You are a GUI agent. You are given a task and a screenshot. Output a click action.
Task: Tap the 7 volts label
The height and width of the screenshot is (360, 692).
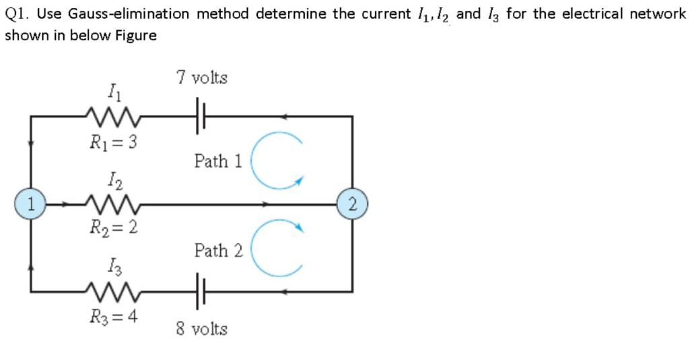[x=202, y=78]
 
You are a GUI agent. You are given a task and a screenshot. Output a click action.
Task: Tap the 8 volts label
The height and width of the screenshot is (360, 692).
[x=202, y=329]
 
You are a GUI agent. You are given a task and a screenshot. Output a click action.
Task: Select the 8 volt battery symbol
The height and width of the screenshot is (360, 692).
[x=200, y=292]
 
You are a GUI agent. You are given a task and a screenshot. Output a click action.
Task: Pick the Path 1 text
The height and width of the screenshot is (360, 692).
[x=218, y=161]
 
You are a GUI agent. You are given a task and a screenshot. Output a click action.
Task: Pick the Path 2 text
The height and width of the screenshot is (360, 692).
[x=218, y=251]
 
